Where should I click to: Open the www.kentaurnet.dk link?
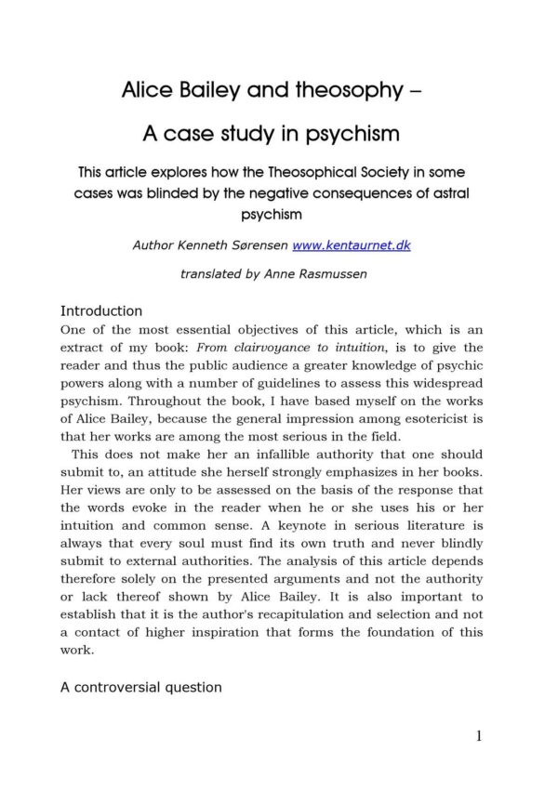[x=351, y=246]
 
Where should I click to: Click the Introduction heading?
[x=101, y=311]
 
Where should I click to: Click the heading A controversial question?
[x=141, y=688]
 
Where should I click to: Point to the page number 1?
[x=479, y=737]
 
